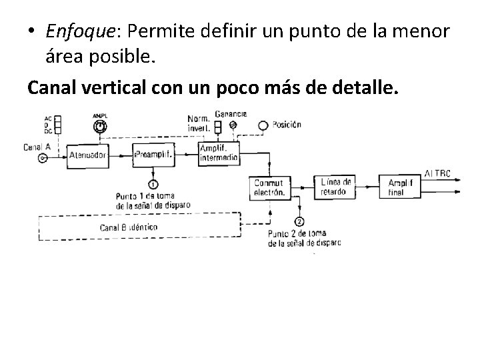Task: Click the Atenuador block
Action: [x=87, y=155]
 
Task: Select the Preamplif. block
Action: [x=153, y=154]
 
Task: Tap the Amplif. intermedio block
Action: [x=218, y=154]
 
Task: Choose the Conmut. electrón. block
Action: [x=270, y=187]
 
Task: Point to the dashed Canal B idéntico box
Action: [x=139, y=227]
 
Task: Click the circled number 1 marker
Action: [x=153, y=183]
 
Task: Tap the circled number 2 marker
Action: [x=299, y=221]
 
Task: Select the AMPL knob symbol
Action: [x=100, y=125]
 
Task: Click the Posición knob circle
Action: [x=263, y=125]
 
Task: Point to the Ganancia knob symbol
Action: [x=233, y=125]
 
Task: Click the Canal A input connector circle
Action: [x=43, y=158]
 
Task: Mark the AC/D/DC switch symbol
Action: [x=58, y=125]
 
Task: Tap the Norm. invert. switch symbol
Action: [x=218, y=126]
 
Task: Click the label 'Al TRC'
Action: [x=438, y=173]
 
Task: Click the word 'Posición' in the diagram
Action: [x=287, y=124]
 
